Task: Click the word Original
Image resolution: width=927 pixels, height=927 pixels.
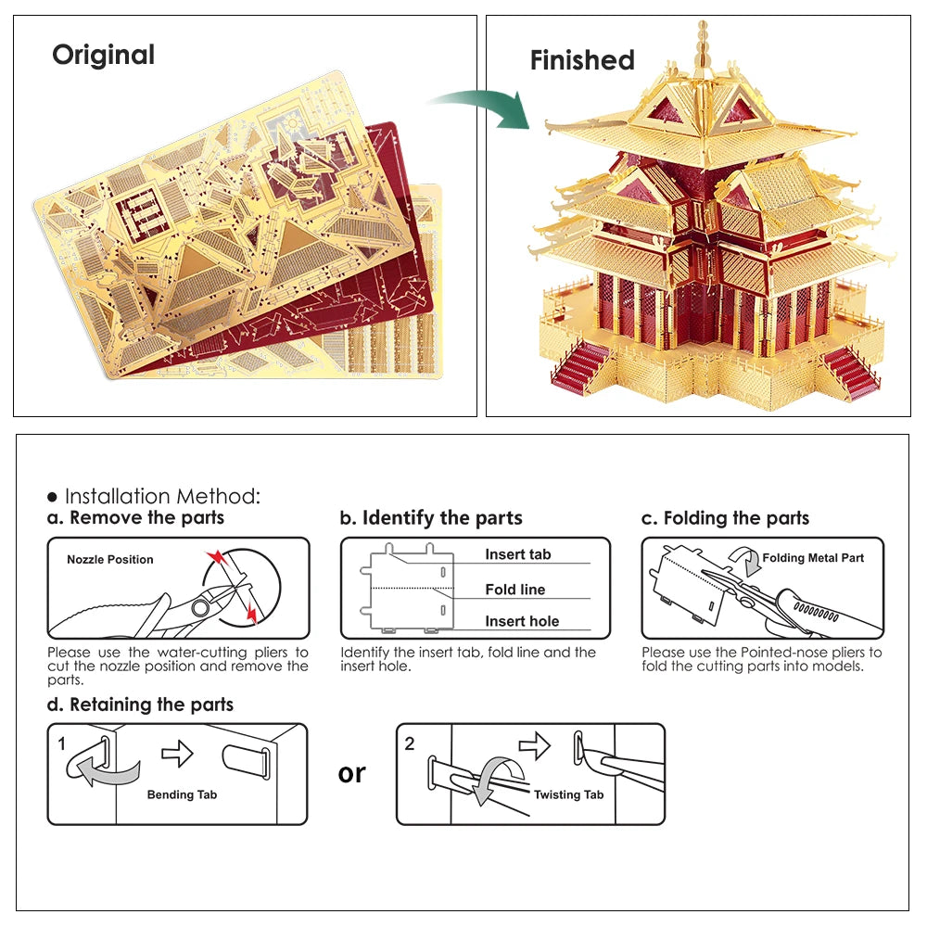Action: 103,55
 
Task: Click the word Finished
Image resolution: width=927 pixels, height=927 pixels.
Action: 582,60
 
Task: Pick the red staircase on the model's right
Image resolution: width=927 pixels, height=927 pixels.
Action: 848,371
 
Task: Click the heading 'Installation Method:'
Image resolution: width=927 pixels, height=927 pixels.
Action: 162,497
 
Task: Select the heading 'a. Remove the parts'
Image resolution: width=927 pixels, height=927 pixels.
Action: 136,517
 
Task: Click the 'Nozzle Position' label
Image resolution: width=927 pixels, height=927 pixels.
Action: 109,559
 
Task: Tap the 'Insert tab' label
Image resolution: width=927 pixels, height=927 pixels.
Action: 517,554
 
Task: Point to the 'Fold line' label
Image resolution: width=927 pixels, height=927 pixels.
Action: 514,590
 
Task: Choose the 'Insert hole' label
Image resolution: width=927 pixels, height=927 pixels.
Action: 522,621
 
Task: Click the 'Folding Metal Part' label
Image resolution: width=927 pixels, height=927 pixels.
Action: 812,558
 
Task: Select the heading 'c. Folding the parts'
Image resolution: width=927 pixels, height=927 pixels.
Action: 725,518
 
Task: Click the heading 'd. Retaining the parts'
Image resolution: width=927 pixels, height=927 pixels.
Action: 140,705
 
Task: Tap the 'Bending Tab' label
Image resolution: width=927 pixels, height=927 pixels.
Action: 182,794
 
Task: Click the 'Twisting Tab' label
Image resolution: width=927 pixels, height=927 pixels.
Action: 568,794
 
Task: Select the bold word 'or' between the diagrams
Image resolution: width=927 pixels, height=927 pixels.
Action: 352,773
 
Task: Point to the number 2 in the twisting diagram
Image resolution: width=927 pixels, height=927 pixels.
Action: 410,743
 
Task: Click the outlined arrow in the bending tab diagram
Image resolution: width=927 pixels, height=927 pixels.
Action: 176,754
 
